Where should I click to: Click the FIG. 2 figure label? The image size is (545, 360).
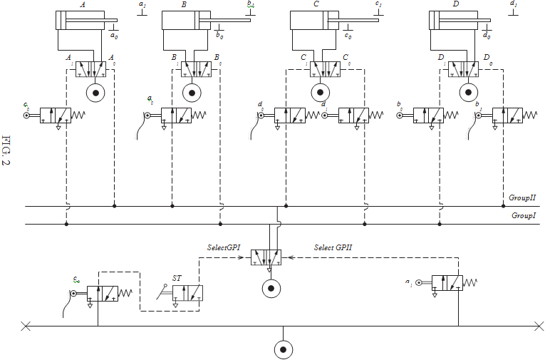[x=8, y=150]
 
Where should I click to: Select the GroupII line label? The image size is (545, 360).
[x=521, y=197]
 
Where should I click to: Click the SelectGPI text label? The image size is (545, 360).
[x=223, y=247]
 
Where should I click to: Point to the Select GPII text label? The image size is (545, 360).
[x=333, y=247]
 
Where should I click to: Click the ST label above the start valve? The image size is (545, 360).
[x=177, y=277]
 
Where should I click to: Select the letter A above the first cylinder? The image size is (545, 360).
[x=83, y=4]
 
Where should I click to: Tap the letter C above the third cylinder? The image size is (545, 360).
[x=315, y=4]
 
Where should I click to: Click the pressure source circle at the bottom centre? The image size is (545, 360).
[x=284, y=349]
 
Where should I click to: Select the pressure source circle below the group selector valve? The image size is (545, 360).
[x=270, y=288]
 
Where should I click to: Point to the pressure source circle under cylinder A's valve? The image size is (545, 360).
[x=93, y=93]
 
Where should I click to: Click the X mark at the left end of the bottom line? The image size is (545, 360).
[x=26, y=326]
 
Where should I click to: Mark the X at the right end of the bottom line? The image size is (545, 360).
[x=539, y=326]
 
